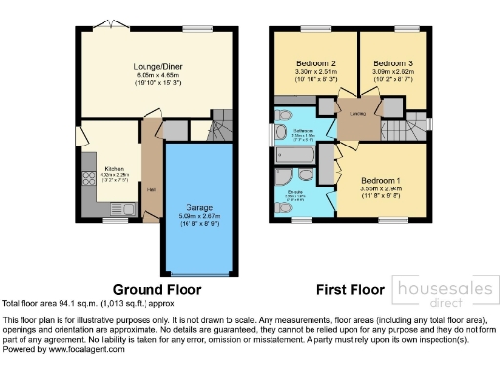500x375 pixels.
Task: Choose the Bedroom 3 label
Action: pyautogui.click(x=394, y=62)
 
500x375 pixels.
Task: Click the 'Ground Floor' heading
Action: pyautogui.click(x=157, y=289)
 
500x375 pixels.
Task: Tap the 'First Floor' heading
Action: pyautogui.click(x=350, y=289)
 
